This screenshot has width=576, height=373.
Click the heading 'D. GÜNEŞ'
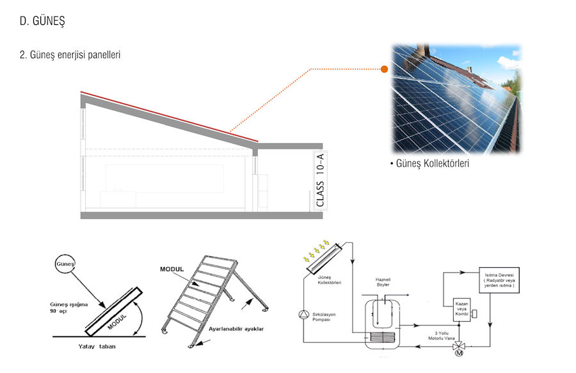42,22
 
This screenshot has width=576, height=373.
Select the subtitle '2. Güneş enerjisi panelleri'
70,55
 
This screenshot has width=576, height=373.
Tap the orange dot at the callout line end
384,69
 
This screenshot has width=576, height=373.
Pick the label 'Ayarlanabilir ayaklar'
236,329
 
